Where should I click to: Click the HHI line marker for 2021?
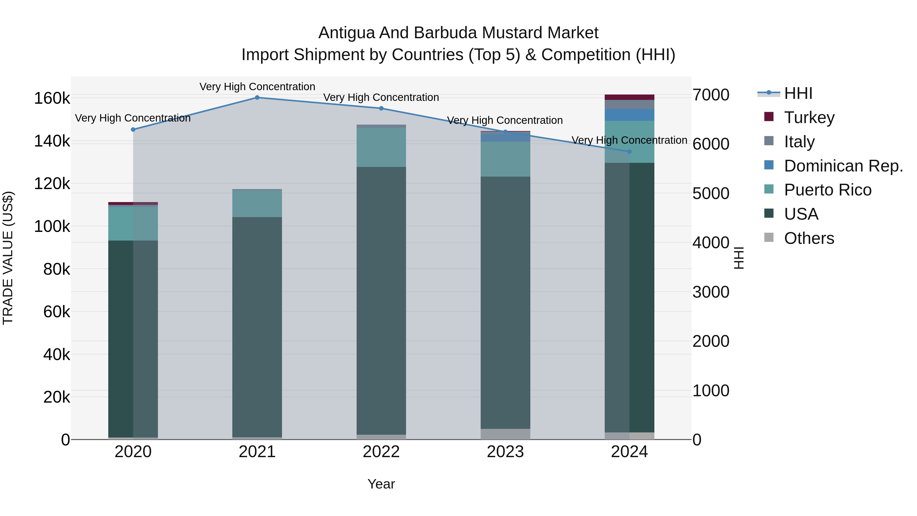tap(257, 98)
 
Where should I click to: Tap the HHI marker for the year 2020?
tap(133, 130)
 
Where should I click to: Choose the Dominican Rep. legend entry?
tap(843, 166)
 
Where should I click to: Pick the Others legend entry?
tap(809, 238)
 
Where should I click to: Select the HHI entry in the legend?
tap(798, 93)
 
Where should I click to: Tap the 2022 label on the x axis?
tap(381, 452)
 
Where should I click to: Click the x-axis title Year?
tap(381, 484)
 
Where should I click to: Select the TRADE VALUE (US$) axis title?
tap(8, 258)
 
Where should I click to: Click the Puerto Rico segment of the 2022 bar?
tap(381, 147)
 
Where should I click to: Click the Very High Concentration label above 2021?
tap(257, 87)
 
